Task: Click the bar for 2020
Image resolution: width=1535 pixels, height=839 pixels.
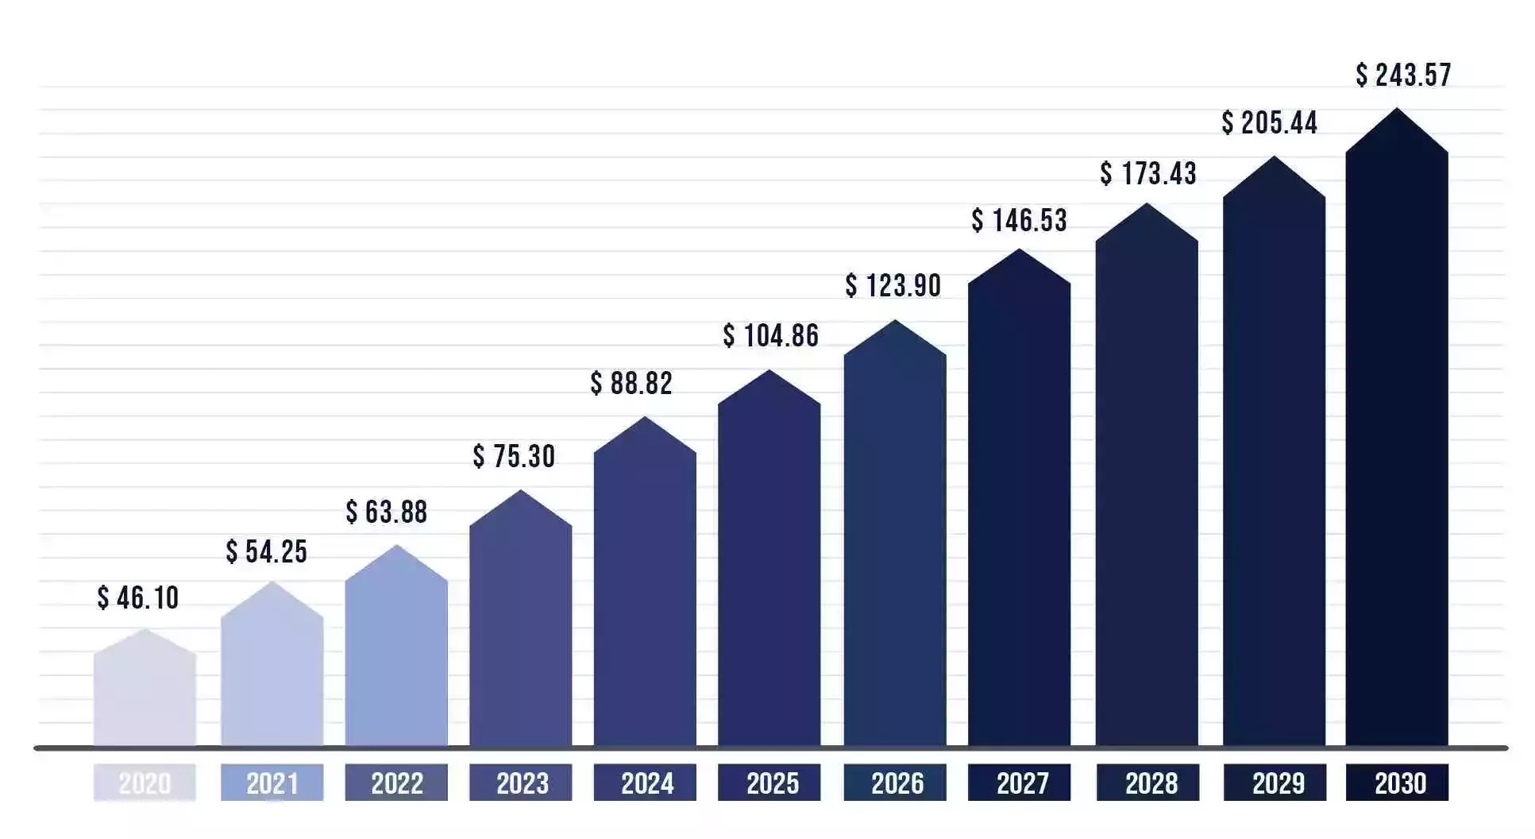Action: coord(145,691)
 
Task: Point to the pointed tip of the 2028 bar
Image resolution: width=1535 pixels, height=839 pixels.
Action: coord(1147,205)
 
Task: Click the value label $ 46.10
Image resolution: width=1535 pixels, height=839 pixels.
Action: coord(138,597)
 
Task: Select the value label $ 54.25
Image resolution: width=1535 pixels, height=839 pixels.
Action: coord(267,551)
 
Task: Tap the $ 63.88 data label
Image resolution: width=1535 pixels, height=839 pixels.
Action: coord(387,512)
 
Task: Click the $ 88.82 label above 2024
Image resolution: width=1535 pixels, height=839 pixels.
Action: coord(631,383)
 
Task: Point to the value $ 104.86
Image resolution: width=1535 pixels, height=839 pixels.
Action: coord(770,335)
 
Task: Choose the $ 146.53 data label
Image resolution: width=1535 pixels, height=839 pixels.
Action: coord(1020,220)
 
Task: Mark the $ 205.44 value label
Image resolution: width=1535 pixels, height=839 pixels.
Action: coord(1270,122)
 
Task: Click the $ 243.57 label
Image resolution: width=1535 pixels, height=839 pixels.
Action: coord(1403,75)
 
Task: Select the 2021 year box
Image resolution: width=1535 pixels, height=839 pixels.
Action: coord(272,783)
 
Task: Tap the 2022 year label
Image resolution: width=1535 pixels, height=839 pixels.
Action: coord(396,783)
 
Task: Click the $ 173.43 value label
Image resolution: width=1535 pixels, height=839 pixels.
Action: coord(1148,172)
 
